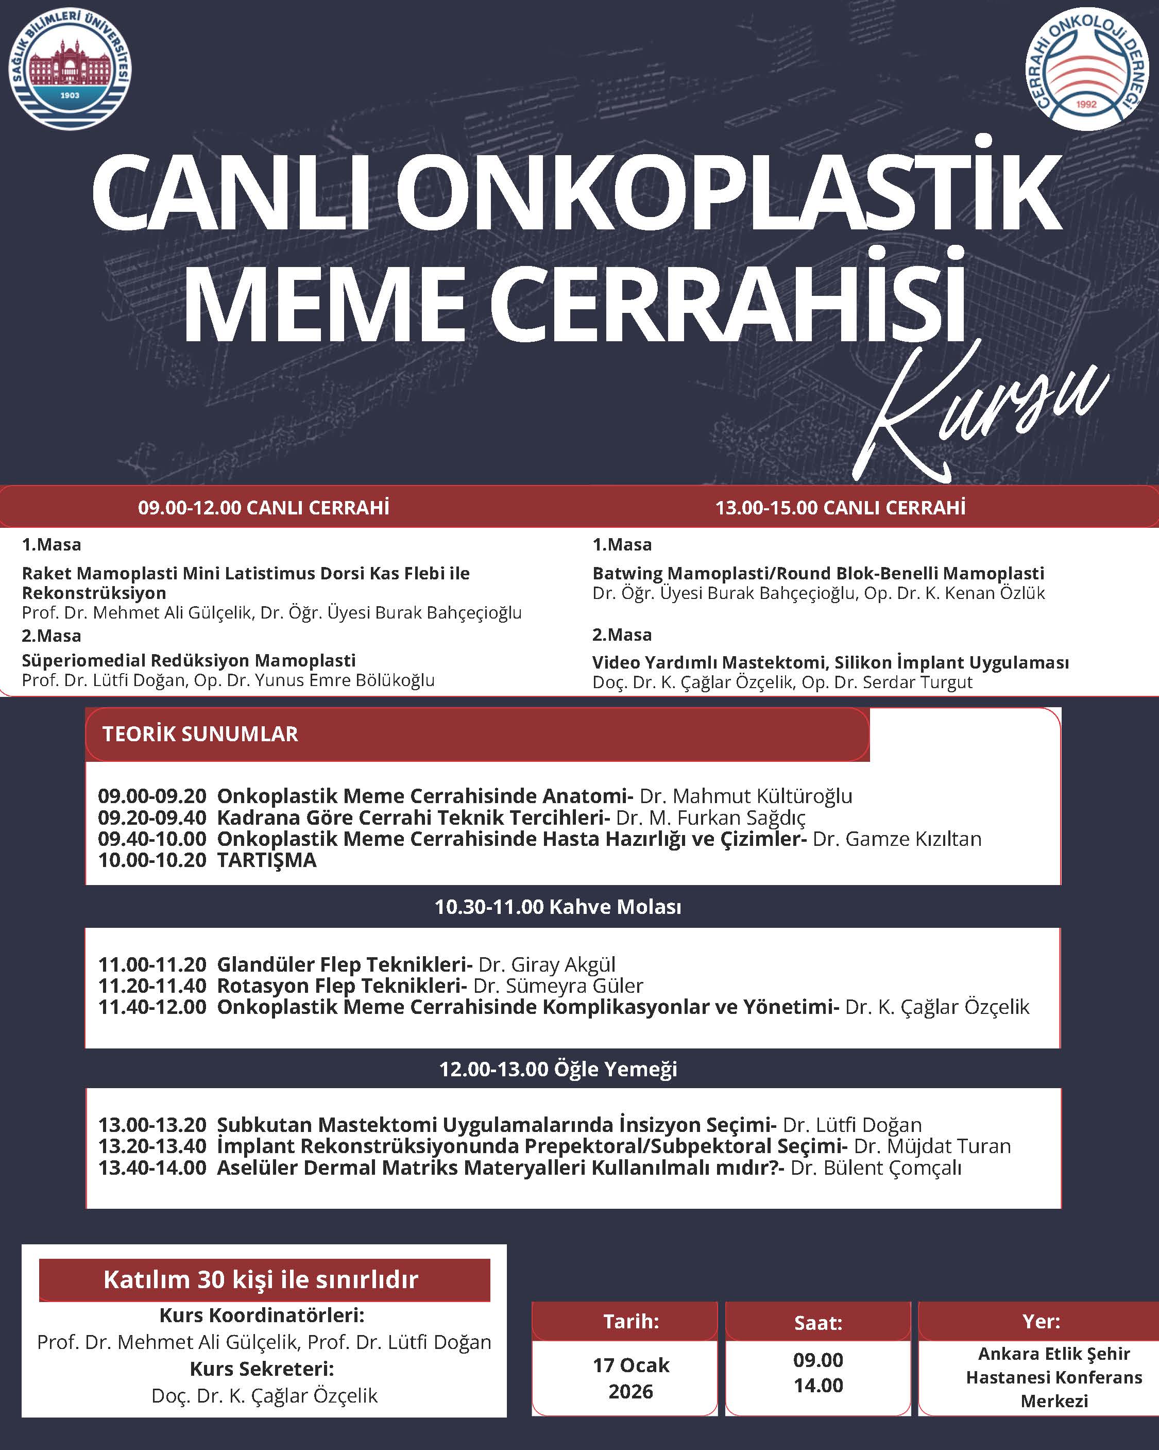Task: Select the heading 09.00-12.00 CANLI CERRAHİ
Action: pyautogui.click(x=264, y=507)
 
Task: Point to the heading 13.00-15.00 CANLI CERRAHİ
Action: pyautogui.click(x=840, y=507)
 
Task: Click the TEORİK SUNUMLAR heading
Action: pyautogui.click(x=200, y=734)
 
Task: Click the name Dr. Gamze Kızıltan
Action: pyautogui.click(x=897, y=839)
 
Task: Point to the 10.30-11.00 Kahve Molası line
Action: pyautogui.click(x=558, y=907)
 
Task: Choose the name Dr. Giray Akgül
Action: pyautogui.click(x=547, y=964)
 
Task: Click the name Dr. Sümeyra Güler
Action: pyautogui.click(x=558, y=986)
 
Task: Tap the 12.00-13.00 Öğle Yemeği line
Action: pyautogui.click(x=558, y=1070)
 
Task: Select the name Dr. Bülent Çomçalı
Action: pyautogui.click(x=876, y=1168)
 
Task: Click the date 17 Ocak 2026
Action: pyautogui.click(x=630, y=1378)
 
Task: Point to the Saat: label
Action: pyautogui.click(x=818, y=1322)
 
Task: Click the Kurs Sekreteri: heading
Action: pyautogui.click(x=262, y=1369)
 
